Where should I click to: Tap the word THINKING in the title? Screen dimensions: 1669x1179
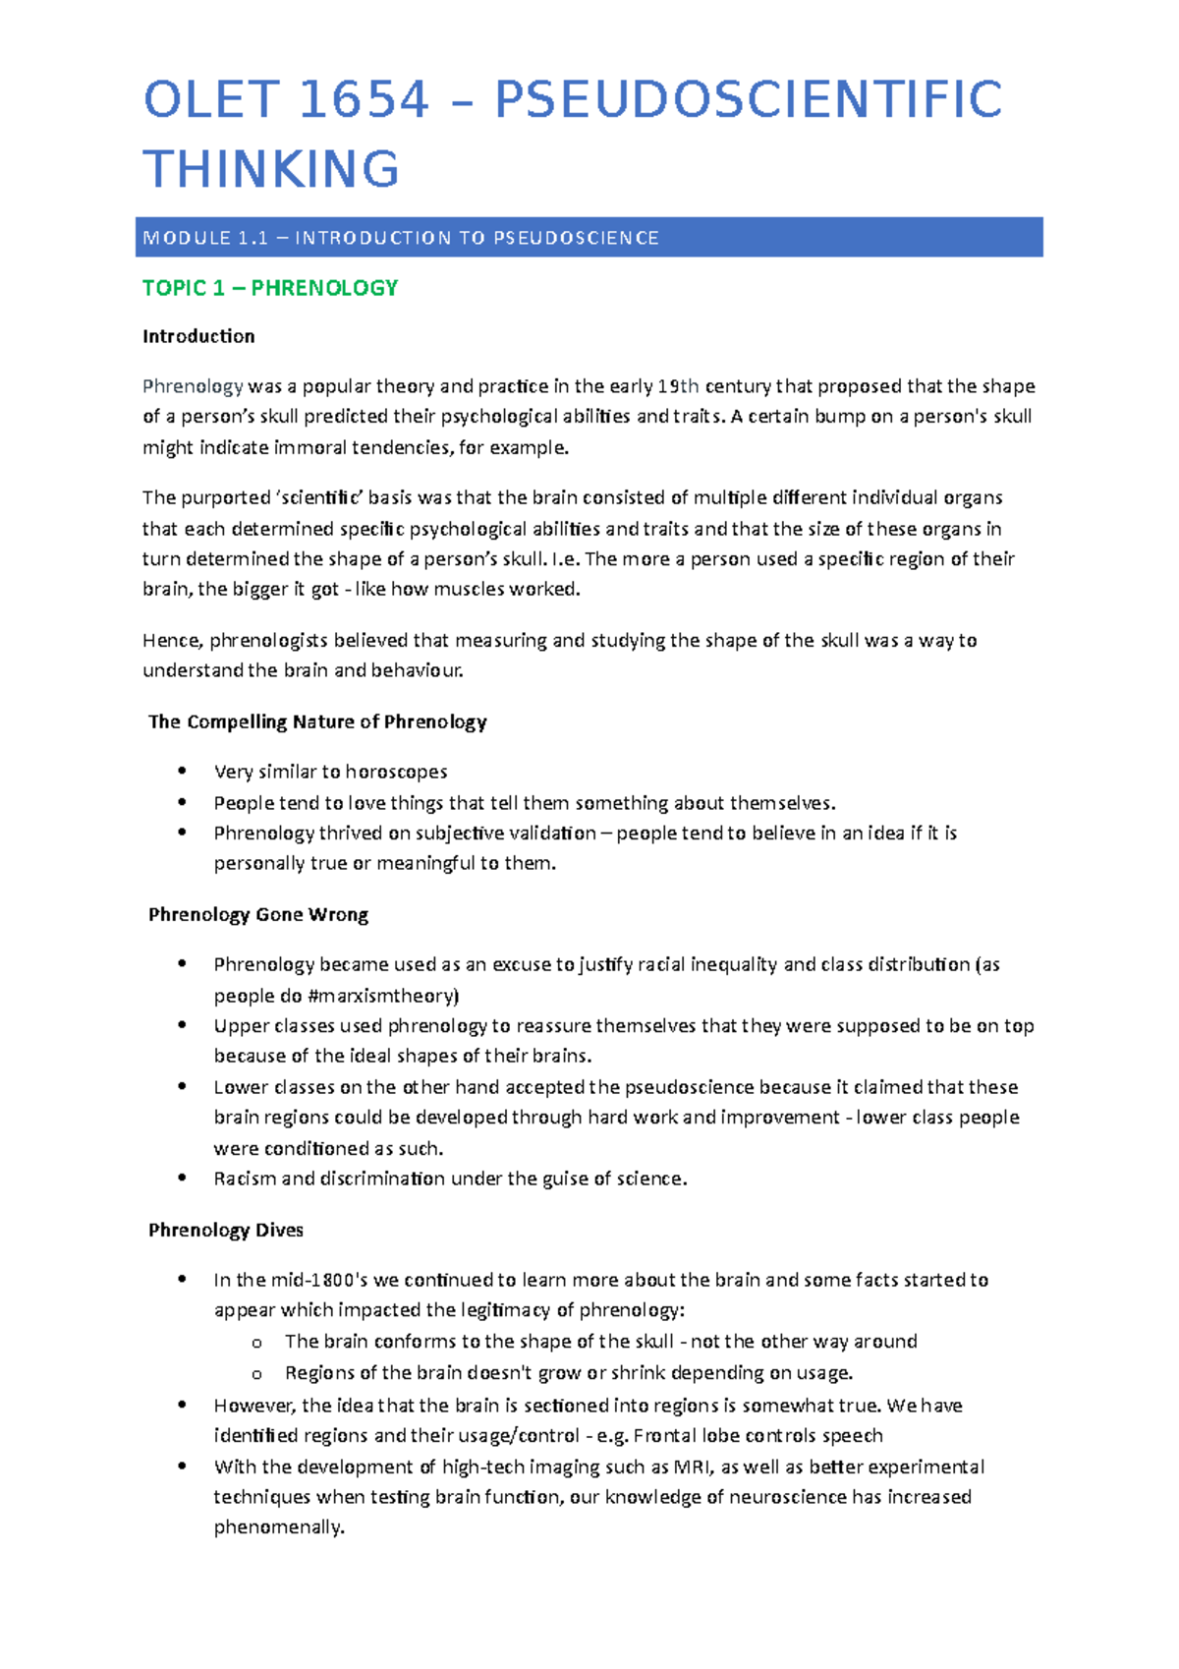[x=271, y=169]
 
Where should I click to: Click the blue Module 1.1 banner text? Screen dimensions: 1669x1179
[x=401, y=238]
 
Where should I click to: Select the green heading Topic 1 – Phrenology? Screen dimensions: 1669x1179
[x=270, y=288]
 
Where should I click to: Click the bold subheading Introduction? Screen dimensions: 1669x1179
[x=198, y=336]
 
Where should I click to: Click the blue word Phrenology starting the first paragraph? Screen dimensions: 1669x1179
[x=193, y=386]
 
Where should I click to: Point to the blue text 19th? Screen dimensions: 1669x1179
[x=678, y=386]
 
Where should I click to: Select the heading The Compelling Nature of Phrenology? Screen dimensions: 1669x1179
[x=317, y=721]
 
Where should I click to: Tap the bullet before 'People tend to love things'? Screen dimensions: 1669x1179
[x=182, y=802]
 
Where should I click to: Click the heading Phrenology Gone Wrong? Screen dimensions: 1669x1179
[x=258, y=914]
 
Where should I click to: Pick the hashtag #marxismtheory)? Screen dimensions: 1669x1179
[x=383, y=996]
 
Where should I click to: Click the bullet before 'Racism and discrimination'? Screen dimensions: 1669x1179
[x=182, y=1178]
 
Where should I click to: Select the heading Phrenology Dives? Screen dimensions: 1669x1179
[x=226, y=1230]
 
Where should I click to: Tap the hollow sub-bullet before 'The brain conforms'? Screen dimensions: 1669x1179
[x=256, y=1343]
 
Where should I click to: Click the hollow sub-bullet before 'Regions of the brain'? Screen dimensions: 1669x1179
[x=256, y=1374]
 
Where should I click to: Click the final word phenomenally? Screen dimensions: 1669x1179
[x=279, y=1527]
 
